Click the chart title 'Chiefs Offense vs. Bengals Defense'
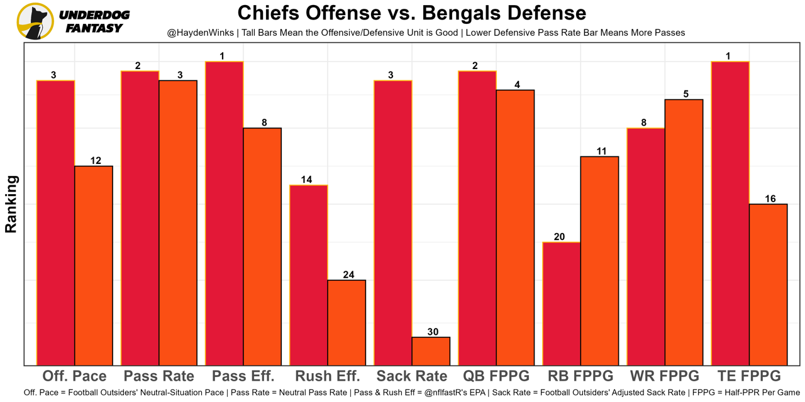pyautogui.click(x=411, y=13)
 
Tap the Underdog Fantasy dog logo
pyautogui.click(x=35, y=21)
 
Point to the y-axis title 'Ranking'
pyautogui.click(x=11, y=205)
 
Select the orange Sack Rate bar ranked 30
pyautogui.click(x=431, y=351)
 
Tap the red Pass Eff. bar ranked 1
pyautogui.click(x=224, y=214)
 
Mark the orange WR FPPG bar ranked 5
pyautogui.click(x=684, y=232)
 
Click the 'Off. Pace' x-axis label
pyautogui.click(x=74, y=376)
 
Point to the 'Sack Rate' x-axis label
pyautogui.click(x=412, y=376)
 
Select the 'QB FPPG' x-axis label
pyautogui.click(x=496, y=376)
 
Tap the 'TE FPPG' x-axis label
pyautogui.click(x=748, y=376)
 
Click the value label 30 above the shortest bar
pyautogui.click(x=433, y=332)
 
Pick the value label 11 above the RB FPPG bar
pyautogui.click(x=601, y=151)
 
